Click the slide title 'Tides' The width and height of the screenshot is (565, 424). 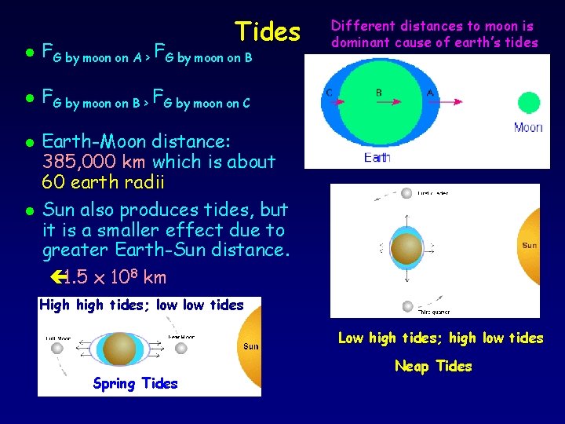(268, 31)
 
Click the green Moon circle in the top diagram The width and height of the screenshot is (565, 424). (529, 104)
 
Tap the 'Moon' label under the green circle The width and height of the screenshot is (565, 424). (528, 127)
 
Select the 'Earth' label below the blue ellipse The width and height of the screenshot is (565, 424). (377, 157)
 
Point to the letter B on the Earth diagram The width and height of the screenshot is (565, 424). (379, 93)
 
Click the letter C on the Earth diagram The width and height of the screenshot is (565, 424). (329, 93)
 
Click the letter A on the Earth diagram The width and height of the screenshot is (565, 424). (430, 93)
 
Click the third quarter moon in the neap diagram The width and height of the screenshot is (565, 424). (406, 305)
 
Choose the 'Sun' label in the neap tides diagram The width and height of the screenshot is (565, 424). (530, 246)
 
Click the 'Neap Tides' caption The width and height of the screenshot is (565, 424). (433, 366)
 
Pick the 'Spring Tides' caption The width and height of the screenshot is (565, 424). (135, 383)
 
